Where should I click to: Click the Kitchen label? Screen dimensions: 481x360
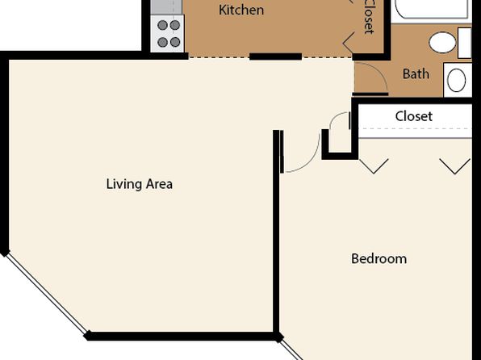coord(241,10)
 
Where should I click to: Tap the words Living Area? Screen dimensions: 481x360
coord(140,184)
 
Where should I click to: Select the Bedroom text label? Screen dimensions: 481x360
coord(379,259)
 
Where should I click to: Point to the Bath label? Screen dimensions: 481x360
coord(416,74)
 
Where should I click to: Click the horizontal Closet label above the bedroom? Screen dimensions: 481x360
coord(414,116)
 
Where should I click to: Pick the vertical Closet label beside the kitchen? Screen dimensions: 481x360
coord(370,16)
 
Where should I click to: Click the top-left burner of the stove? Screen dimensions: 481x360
coord(162,25)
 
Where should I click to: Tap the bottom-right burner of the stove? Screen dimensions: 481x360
coord(175,42)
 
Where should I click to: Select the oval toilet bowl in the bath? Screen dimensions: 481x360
coord(442,42)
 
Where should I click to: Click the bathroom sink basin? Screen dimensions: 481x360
coord(457,81)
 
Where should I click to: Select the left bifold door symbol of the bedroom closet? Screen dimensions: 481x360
coord(374,166)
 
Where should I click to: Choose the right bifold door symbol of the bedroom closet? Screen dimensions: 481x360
coord(455,166)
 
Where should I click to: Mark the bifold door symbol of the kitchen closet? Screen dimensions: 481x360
coord(349,43)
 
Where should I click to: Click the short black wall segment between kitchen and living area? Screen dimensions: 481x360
coord(275,57)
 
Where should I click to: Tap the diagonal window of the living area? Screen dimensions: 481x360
coord(46,294)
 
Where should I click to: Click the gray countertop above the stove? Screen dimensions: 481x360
coord(166,6)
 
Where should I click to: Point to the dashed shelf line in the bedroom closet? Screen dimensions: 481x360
coord(415,128)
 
